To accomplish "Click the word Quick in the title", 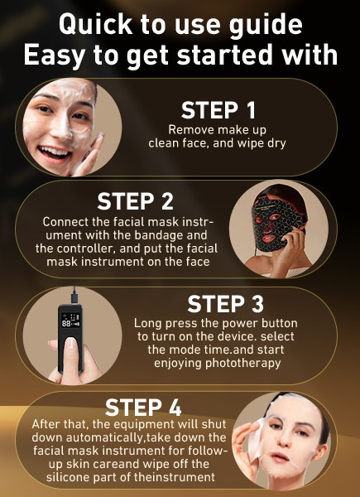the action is tap(96, 25).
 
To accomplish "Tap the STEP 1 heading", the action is tap(218, 110).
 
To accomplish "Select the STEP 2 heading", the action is tap(135, 201).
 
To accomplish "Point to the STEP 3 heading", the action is tap(225, 304).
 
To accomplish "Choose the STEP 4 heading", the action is tap(143, 408).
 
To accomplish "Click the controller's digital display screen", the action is tap(70, 321).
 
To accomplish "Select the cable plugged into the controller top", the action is tap(74, 295).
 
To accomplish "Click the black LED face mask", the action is tap(276, 222).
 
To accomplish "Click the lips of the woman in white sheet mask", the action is tap(279, 457).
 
